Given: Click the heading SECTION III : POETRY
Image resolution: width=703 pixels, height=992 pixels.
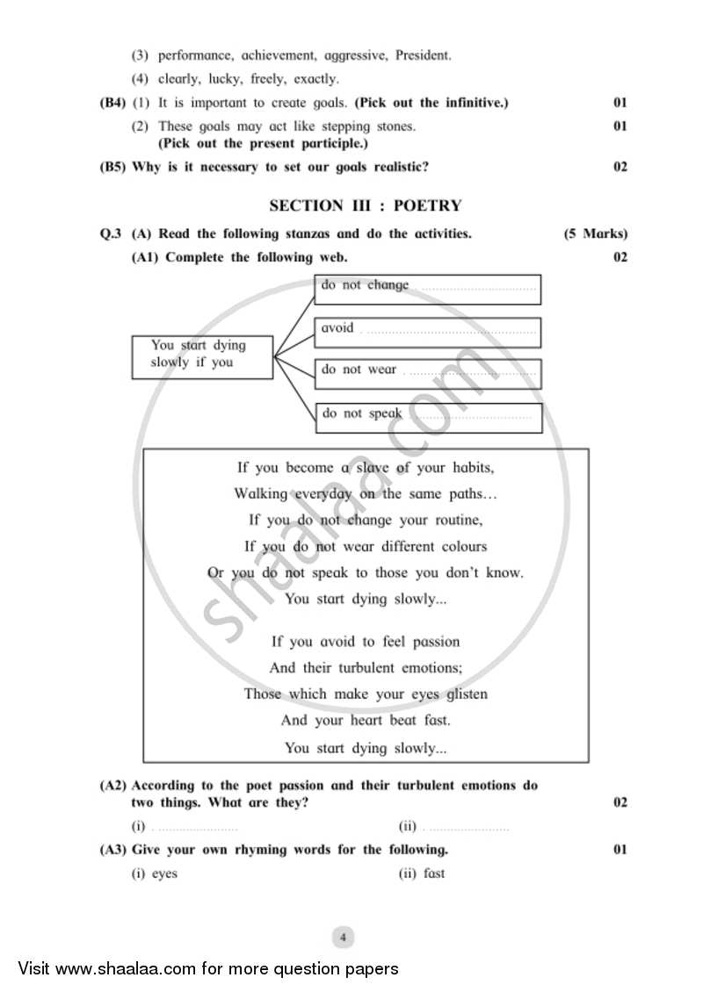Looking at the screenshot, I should (365, 206).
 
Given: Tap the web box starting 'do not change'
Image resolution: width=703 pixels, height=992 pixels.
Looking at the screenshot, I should (427, 289).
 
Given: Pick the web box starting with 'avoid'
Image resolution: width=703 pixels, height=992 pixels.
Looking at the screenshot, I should (427, 332).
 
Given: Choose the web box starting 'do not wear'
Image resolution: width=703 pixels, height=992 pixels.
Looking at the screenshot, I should (427, 373).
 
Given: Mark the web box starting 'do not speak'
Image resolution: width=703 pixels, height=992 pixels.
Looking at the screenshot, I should (428, 417).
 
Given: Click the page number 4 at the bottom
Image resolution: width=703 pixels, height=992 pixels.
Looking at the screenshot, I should (343, 938).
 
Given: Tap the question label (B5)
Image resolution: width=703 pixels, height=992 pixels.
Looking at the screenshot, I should (113, 167).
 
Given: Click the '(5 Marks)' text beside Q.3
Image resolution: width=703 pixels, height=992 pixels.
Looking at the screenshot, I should (595, 234).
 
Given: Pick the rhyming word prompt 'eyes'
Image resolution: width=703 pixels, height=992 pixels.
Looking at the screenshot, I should (164, 873).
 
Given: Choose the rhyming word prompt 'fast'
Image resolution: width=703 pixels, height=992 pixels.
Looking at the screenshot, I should (434, 873).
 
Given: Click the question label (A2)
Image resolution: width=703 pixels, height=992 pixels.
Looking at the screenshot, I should (113, 786).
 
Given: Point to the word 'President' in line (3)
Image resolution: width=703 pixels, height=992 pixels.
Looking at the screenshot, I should (423, 55).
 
